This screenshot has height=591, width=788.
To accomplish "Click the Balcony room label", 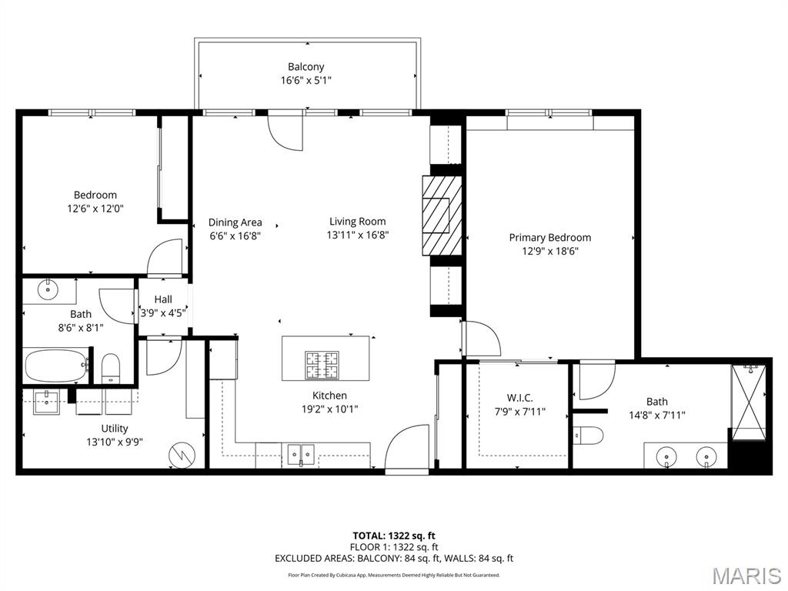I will click(x=306, y=67).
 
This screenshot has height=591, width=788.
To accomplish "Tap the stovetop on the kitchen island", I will click(x=322, y=366).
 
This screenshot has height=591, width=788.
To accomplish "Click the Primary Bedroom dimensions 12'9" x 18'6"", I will click(x=550, y=251).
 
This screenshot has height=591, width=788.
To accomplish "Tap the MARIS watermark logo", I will click(x=746, y=576).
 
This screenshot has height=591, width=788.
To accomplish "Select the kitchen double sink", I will click(x=301, y=454).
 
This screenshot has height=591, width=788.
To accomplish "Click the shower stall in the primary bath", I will click(x=749, y=402).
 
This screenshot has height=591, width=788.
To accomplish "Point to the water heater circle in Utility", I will click(x=183, y=454).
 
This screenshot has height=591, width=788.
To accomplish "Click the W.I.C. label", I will click(x=519, y=398).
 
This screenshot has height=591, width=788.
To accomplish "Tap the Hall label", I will click(x=163, y=299).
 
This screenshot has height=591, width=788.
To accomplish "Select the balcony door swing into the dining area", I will click(x=285, y=131).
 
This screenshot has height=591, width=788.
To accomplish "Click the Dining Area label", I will click(x=235, y=222).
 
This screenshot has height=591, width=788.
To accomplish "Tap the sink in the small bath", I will click(x=48, y=290).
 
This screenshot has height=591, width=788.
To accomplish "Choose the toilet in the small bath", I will click(x=111, y=368).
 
